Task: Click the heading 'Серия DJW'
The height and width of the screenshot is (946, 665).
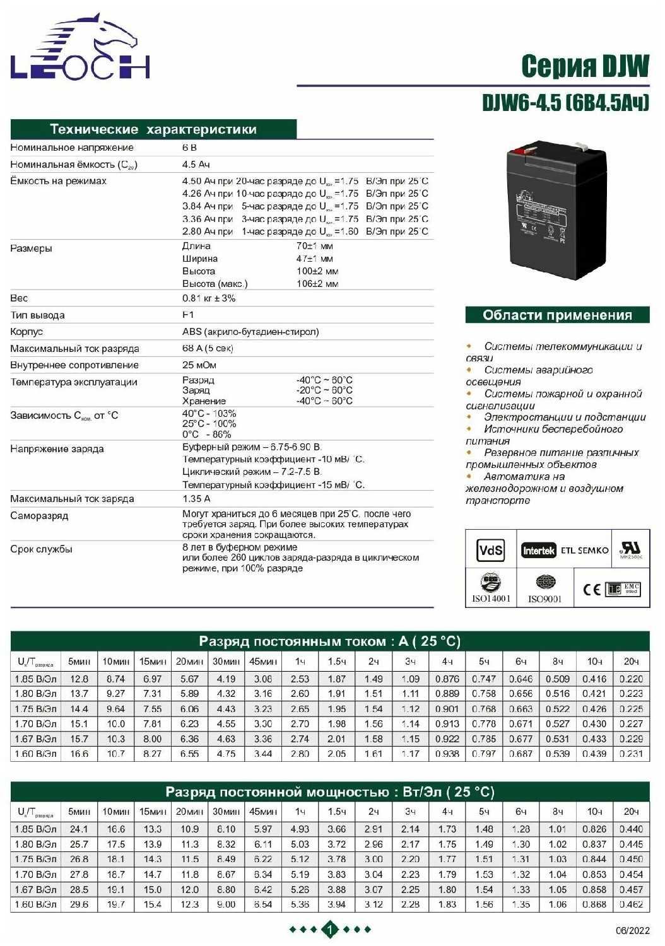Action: coord(584,66)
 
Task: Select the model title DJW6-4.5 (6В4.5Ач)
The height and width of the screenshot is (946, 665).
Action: coord(565,102)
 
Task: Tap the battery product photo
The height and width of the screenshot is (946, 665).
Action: coord(556,209)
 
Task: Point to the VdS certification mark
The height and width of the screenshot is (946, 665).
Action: coord(490,551)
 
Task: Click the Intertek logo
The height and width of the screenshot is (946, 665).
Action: coord(538,551)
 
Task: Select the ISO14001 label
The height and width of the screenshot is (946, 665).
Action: coord(491,599)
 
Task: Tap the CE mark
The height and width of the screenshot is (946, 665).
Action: coord(591,589)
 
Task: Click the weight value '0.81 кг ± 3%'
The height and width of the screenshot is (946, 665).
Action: coord(209,298)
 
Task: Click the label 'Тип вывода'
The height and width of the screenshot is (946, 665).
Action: coord(37,315)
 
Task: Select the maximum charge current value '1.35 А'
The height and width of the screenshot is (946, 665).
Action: coord(196,499)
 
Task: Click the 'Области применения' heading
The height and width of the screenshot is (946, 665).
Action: coord(557,315)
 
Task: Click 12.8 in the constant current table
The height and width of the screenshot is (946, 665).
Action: coord(79,679)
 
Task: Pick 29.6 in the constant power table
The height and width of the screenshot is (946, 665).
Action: coord(79,904)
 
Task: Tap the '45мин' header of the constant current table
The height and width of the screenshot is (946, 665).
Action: coord(262,662)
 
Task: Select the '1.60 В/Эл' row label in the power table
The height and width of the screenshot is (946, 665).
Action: coord(37,904)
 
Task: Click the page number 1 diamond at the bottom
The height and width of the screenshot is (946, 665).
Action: coord(330,929)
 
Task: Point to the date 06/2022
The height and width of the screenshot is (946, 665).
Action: coord(632,931)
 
